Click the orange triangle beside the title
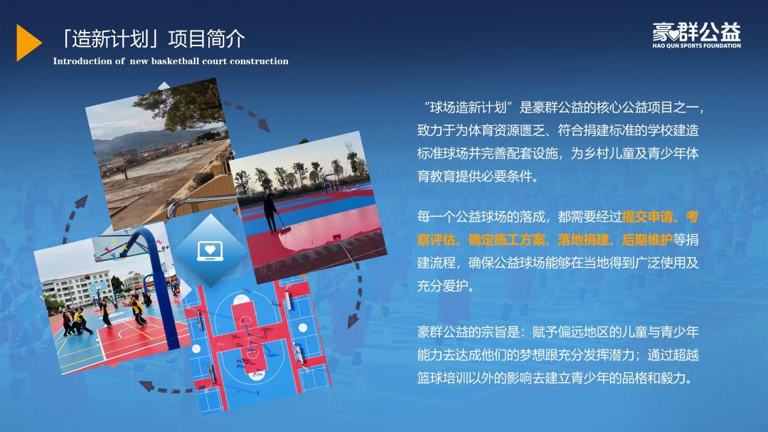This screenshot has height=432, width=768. tap(28, 43)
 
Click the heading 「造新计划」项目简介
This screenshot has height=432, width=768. tap(152, 38)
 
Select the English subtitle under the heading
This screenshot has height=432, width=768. tap(171, 61)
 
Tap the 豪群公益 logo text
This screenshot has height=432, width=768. tap(696, 32)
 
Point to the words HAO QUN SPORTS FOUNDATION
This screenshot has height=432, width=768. tap(696, 46)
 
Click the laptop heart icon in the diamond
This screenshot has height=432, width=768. tap(210, 251)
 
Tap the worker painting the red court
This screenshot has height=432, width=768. tap(271, 212)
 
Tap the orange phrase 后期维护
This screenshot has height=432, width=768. tap(646, 240)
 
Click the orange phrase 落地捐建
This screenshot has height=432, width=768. tap(583, 240)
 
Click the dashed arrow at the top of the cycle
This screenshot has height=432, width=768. tap(247, 115)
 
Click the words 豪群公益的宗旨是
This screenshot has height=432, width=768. tap(468, 332)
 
